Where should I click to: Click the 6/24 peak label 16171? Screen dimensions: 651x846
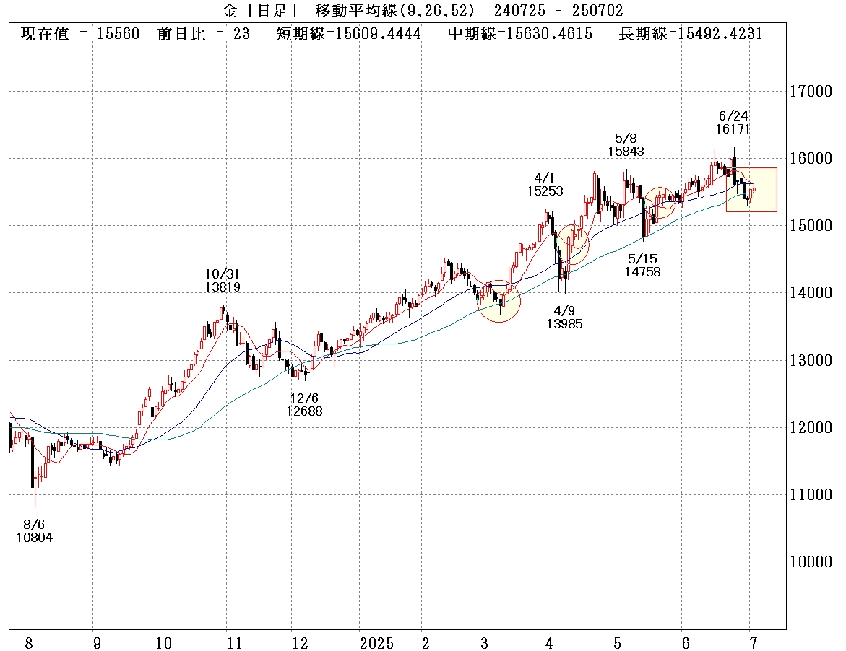tap(733, 129)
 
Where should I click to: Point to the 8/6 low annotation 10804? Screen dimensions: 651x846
tap(34, 538)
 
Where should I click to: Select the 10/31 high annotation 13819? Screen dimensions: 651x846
tap(222, 287)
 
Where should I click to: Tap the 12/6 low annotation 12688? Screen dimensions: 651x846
tap(303, 411)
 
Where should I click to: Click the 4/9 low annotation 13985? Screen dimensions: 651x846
tap(564, 324)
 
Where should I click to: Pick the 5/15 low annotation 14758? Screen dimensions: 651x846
tap(644, 272)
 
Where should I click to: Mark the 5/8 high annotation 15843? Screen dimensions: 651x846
tap(625, 152)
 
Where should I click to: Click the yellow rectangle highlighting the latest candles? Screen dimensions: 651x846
tap(751, 190)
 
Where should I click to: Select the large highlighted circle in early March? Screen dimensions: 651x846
tap(499, 301)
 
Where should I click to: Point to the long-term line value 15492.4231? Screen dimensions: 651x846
tap(715, 34)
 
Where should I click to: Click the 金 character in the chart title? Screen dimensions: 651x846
tap(229, 11)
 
